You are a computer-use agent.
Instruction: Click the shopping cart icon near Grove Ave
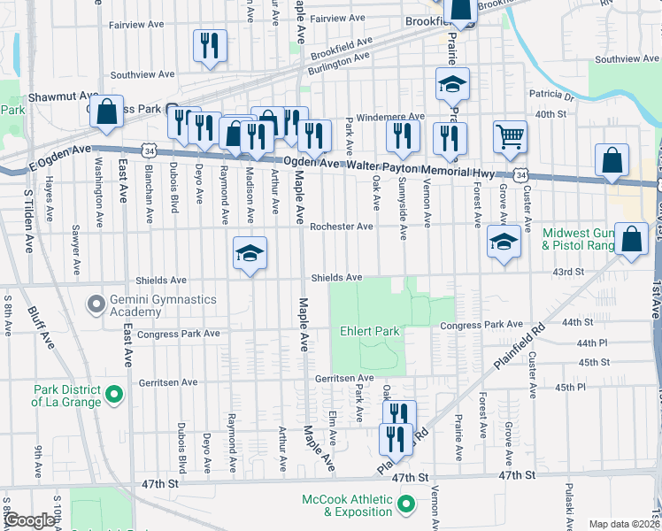[x=510, y=137]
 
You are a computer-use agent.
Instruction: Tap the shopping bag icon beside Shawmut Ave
[x=105, y=112]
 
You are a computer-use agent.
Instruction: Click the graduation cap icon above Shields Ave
[x=250, y=254]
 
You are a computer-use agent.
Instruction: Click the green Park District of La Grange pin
[x=113, y=394]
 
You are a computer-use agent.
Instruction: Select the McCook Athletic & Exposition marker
[x=406, y=505]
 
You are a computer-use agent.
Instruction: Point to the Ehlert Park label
[x=370, y=332]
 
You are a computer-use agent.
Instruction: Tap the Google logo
[x=28, y=521]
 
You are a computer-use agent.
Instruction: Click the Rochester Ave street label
[x=341, y=227]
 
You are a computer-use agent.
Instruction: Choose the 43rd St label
[x=568, y=272]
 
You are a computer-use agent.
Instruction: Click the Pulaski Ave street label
[x=567, y=504]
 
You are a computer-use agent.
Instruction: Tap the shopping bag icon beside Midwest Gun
[x=630, y=240]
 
